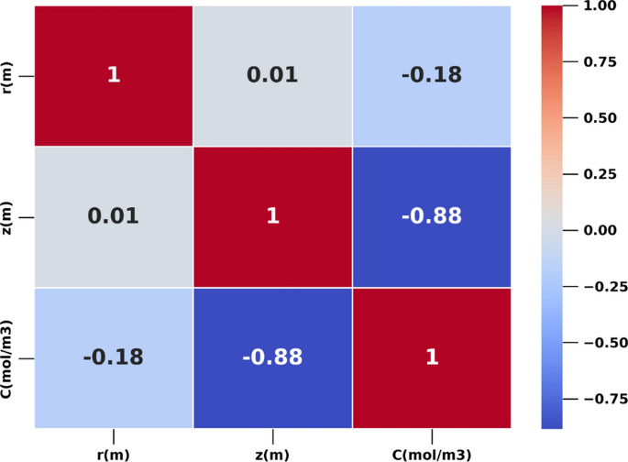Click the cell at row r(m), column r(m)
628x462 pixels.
[x=114, y=75]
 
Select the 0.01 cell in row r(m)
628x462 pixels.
[x=272, y=75]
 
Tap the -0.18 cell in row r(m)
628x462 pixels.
[x=431, y=75]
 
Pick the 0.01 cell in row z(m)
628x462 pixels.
[x=114, y=216]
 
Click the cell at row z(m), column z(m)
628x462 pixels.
[x=272, y=216]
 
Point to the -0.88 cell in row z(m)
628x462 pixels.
[x=431, y=216]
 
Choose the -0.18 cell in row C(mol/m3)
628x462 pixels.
[x=114, y=357]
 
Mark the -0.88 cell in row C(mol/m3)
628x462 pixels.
[x=272, y=357]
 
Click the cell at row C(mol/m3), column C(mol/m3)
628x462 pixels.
[x=431, y=357]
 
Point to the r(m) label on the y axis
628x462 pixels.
[x=8, y=75]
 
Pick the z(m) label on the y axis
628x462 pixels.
[x=8, y=216]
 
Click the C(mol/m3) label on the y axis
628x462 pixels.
[x=8, y=357]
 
